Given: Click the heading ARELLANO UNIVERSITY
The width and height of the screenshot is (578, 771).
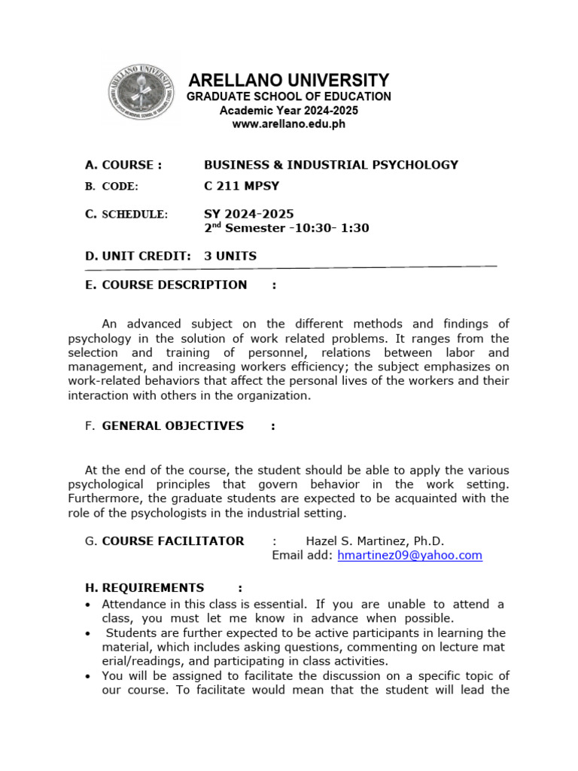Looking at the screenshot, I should tap(289, 81).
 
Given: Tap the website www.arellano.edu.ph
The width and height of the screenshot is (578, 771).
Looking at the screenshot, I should tap(289, 124).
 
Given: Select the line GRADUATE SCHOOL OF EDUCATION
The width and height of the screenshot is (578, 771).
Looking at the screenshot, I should tap(289, 96).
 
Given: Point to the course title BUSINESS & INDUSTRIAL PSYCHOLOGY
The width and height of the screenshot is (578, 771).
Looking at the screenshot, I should tap(331, 165).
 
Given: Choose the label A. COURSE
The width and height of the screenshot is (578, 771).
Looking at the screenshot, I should tap(123, 165).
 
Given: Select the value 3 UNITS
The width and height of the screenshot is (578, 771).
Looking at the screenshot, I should tap(230, 256).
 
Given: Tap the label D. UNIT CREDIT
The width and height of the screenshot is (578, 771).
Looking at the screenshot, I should tap(138, 256).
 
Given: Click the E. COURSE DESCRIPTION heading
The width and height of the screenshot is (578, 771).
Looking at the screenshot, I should tap(166, 285).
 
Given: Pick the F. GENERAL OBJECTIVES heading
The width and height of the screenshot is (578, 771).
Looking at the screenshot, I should tap(165, 425).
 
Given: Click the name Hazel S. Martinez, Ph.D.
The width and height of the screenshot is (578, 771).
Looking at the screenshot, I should tap(375, 541).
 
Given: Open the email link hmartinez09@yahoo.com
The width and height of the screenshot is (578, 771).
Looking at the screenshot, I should tap(410, 555).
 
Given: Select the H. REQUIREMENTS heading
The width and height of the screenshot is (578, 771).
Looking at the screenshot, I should tap(144, 587).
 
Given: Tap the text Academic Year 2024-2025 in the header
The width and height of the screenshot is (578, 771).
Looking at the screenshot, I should tap(289, 111).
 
